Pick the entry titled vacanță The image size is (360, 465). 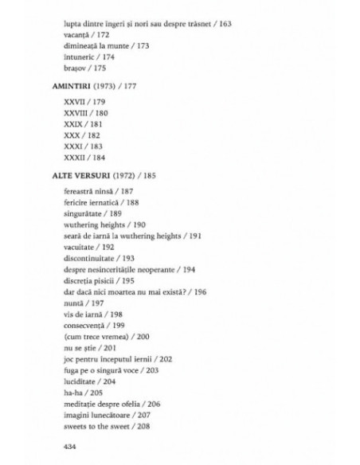[x=78, y=37]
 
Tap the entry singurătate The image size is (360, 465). [x=87, y=236]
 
